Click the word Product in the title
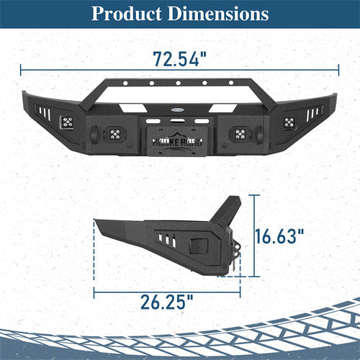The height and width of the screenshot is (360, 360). [128, 14]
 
